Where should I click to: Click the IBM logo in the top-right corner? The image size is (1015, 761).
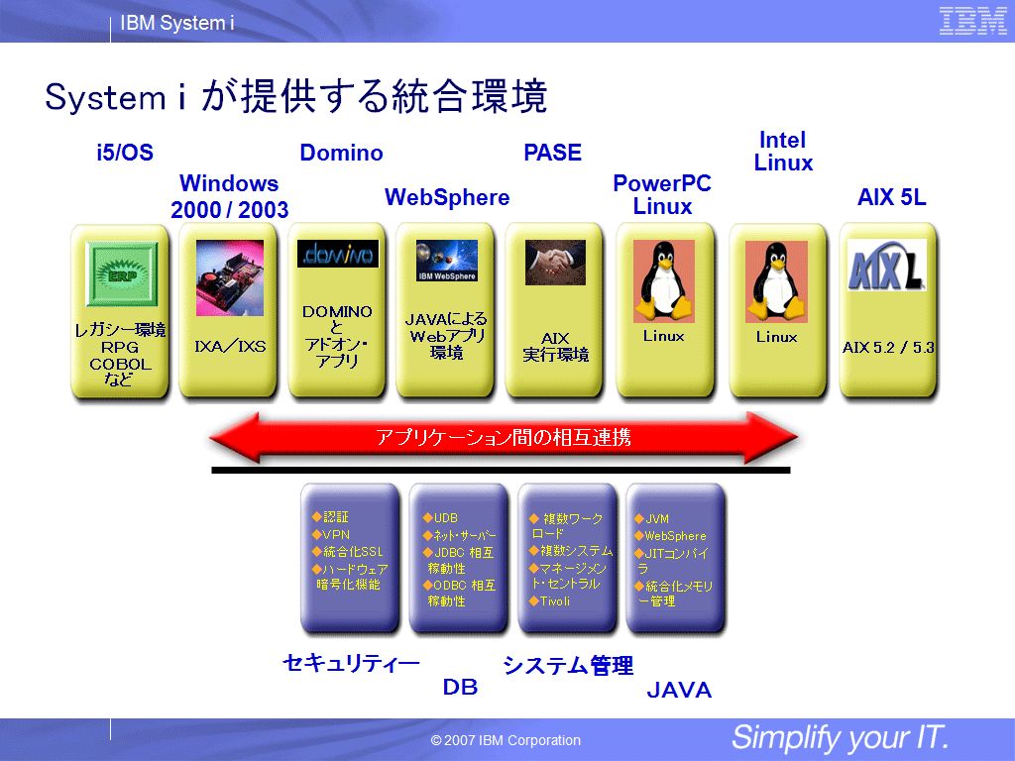(x=972, y=21)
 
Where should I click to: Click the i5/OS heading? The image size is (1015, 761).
(x=125, y=153)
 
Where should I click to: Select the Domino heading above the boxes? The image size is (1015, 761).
(x=341, y=153)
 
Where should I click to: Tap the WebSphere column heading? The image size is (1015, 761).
(x=447, y=197)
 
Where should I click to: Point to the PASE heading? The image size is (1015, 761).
(x=552, y=153)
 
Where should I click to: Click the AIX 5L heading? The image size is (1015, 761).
(x=891, y=197)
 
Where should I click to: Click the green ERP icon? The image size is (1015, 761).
(x=122, y=274)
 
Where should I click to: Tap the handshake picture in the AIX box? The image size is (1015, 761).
(x=555, y=262)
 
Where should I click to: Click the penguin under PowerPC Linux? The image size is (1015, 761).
(x=663, y=280)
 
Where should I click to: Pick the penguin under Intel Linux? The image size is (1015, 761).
(x=776, y=280)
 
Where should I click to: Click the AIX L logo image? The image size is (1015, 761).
(x=886, y=266)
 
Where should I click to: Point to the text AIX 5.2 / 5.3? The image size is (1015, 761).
(x=888, y=348)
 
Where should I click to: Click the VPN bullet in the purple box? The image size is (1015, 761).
(x=330, y=535)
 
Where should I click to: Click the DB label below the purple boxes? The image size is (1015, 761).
(x=460, y=687)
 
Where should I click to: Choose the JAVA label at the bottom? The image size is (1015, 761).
(x=679, y=691)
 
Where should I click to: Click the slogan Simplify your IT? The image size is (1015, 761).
(x=840, y=737)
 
